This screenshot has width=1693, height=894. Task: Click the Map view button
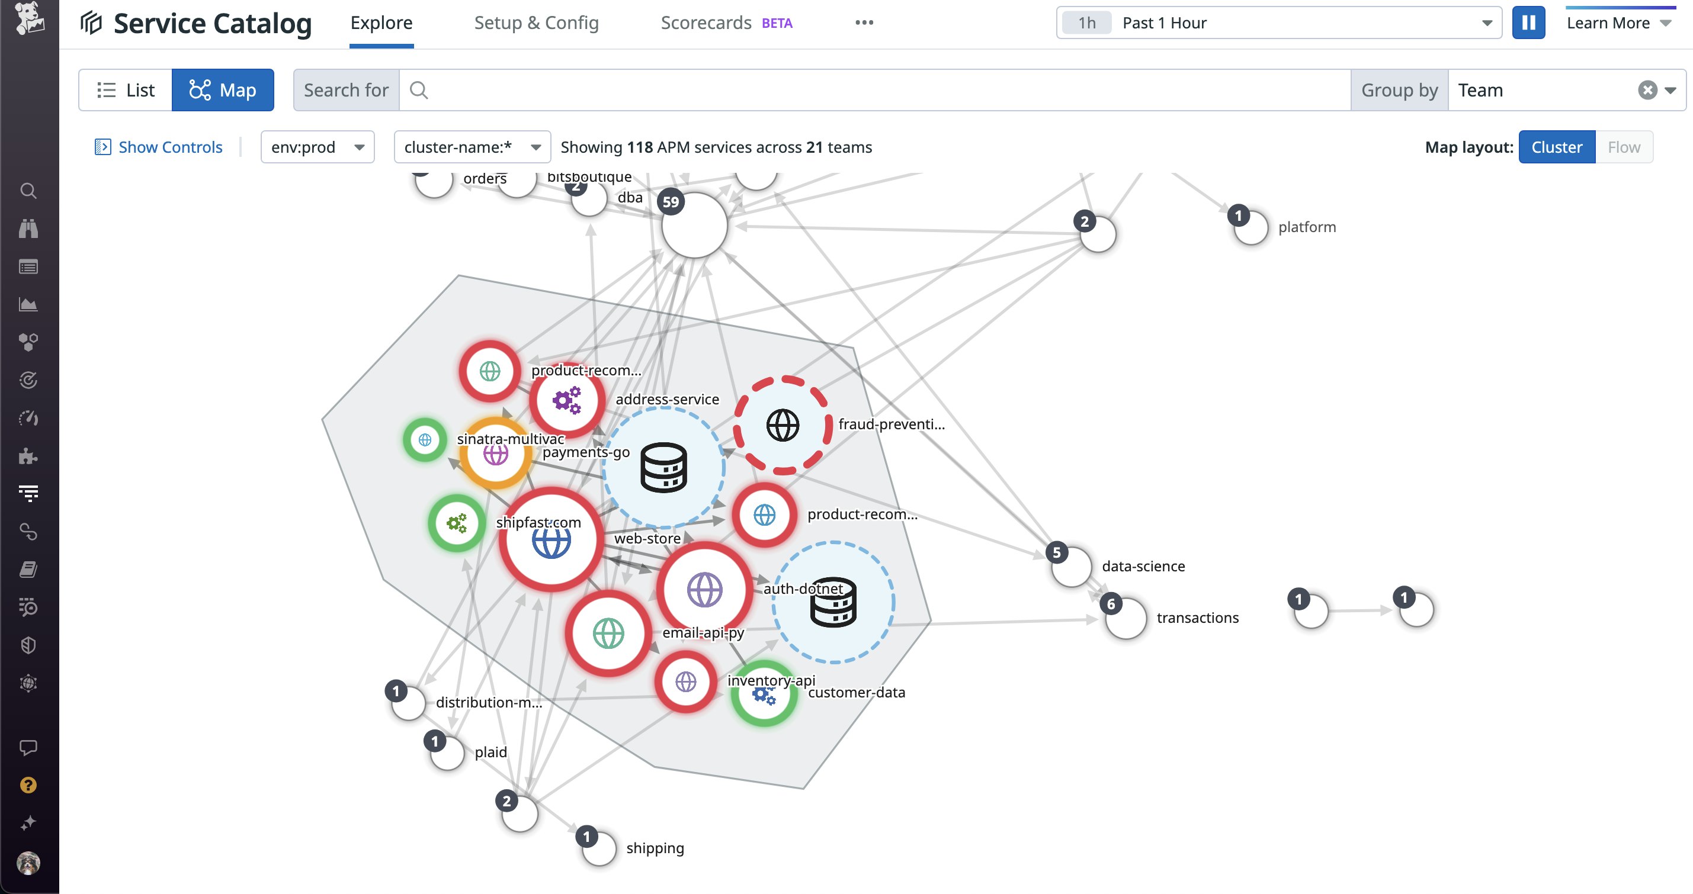(223, 90)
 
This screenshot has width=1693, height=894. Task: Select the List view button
(126, 90)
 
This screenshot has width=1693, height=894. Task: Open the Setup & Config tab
(536, 23)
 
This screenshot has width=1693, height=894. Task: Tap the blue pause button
(1528, 23)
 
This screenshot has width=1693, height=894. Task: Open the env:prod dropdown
(318, 147)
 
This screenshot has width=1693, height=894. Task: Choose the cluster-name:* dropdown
(472, 147)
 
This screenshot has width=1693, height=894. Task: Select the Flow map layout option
(1623, 147)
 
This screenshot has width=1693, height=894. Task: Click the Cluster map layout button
(1556, 147)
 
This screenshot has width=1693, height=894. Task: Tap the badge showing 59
(671, 202)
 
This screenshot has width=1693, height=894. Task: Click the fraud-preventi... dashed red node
(782, 426)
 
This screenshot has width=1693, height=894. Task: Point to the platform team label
(1307, 227)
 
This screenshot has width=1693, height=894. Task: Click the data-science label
(1143, 566)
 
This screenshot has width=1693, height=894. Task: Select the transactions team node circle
(1127, 618)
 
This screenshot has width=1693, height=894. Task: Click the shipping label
(655, 848)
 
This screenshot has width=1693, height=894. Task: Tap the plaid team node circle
(448, 752)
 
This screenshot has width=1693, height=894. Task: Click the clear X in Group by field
(1647, 90)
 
